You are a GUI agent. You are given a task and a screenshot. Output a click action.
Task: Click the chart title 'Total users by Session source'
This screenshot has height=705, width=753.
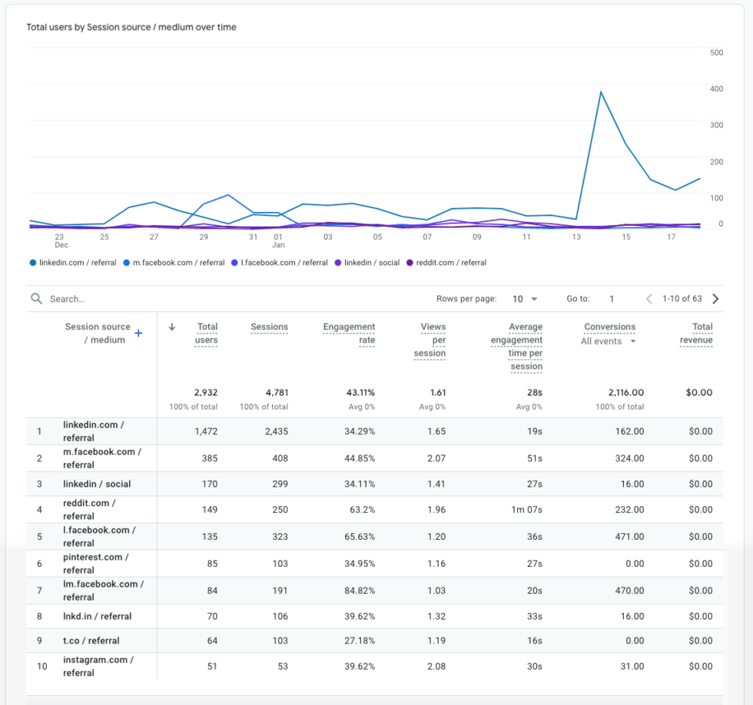[x=131, y=27]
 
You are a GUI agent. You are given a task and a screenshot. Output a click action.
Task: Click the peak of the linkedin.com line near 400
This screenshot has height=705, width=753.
[x=600, y=92]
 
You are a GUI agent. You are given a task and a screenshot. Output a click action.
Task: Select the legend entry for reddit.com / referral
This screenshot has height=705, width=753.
[x=450, y=263]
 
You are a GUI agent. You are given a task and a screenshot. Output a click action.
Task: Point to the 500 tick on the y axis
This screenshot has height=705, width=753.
[x=716, y=52]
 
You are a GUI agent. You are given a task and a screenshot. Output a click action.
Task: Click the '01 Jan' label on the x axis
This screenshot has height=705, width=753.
[x=278, y=241]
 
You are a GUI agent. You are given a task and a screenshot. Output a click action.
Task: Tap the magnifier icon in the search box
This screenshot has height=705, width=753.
[x=36, y=299]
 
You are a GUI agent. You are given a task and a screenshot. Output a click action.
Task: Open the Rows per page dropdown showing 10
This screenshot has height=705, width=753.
[x=525, y=299]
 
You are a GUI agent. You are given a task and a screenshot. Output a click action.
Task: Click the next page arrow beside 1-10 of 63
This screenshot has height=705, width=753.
[x=716, y=299]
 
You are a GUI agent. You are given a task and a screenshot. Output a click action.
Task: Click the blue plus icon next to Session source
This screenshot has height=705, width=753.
[x=139, y=333]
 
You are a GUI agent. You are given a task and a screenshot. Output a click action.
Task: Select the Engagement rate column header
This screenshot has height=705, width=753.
[x=349, y=333]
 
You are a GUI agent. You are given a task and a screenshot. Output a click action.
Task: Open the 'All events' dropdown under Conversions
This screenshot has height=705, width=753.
[x=609, y=341]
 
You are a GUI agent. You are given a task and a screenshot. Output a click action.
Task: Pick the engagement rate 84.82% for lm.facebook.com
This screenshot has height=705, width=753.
[x=359, y=591]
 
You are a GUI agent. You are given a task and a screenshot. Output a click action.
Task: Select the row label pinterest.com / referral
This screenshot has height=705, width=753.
[x=95, y=564]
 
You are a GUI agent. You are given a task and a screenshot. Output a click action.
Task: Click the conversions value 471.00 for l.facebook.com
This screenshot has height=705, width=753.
[x=628, y=537]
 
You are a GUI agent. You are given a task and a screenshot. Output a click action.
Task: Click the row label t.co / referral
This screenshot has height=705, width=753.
[x=91, y=640]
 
